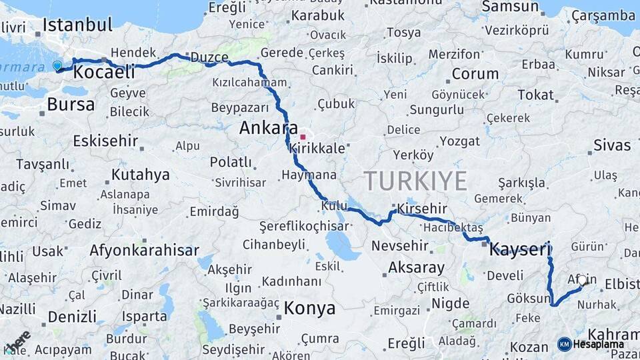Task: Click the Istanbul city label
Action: pyautogui.click(x=77, y=26)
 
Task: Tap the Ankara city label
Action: pyautogui.click(x=269, y=127)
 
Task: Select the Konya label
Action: pyautogui.click(x=309, y=309)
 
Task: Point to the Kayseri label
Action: pyautogui.click(x=520, y=250)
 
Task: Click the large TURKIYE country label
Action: pyautogui.click(x=415, y=181)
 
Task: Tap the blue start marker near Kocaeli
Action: pyautogui.click(x=57, y=65)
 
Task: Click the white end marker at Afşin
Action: pyautogui.click(x=583, y=281)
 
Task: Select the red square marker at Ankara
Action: pyautogui.click(x=303, y=137)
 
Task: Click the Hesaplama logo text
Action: pyautogui.click(x=599, y=345)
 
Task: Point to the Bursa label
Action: pyautogui.click(x=71, y=104)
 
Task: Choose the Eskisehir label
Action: pyautogui.click(x=105, y=141)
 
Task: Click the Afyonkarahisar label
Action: pyautogui.click(x=144, y=251)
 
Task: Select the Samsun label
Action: pyautogui.click(x=510, y=7)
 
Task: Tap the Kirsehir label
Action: pyautogui.click(x=421, y=209)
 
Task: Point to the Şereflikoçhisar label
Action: pyautogui.click(x=304, y=227)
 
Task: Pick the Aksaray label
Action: pyautogui.click(x=416, y=268)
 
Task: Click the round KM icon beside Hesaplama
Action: pyautogui.click(x=565, y=345)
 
